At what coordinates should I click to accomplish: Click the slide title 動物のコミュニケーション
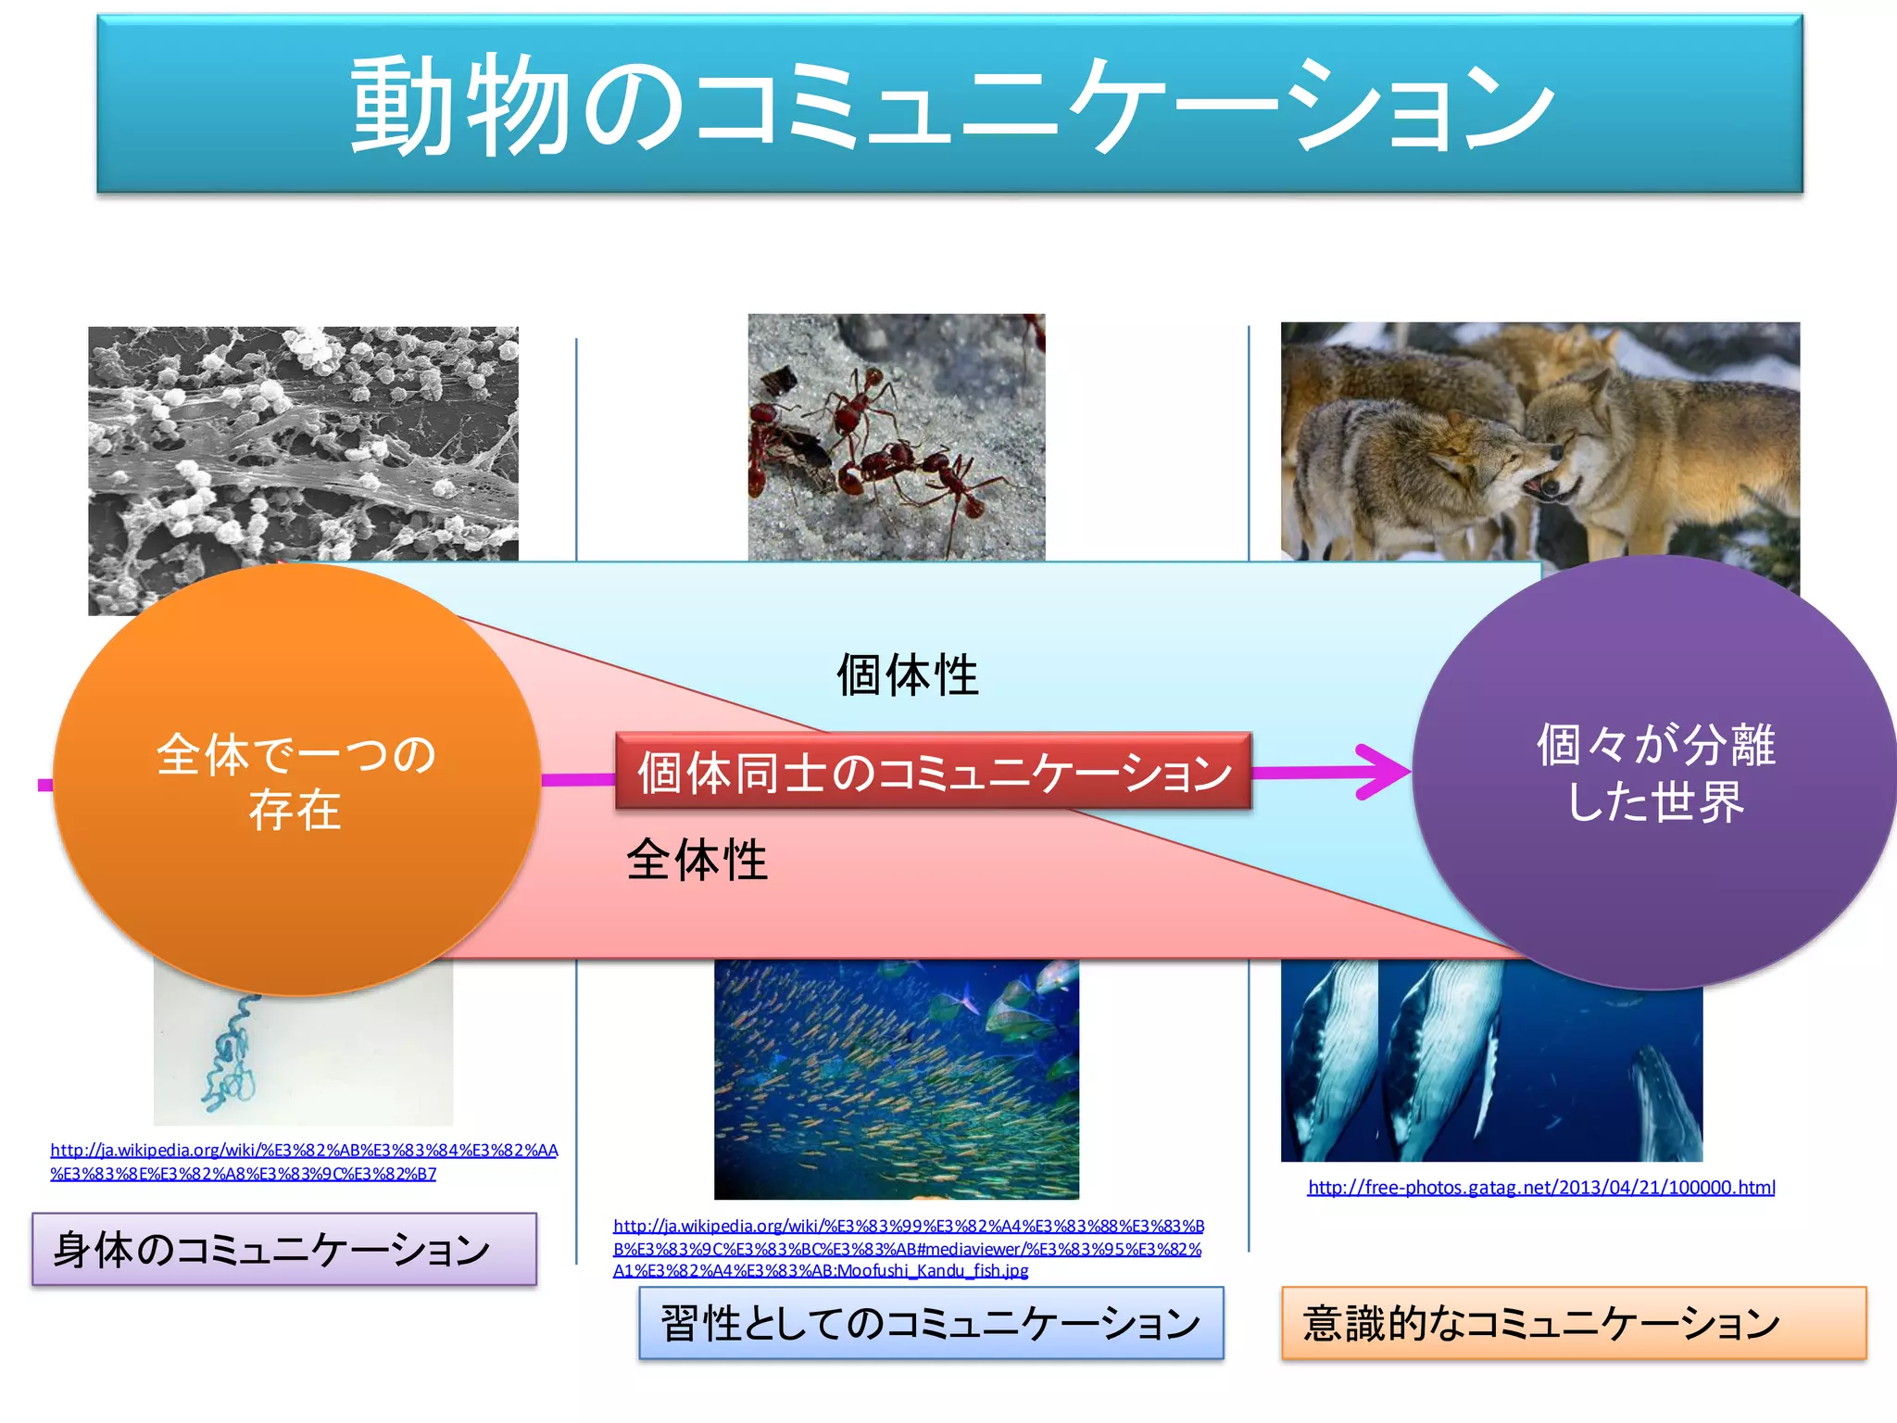949,104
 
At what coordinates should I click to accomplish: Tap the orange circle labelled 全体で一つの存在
296,781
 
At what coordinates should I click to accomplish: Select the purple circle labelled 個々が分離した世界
1655,773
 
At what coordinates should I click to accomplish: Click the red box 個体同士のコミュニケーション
934,772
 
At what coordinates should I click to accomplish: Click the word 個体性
907,674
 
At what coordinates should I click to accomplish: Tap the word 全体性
697,860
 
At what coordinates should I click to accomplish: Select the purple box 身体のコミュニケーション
283,1249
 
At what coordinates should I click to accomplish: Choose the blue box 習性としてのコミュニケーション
931,1323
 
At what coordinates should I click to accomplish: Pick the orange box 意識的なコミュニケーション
1573,1323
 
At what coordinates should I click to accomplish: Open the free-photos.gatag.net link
1541,1188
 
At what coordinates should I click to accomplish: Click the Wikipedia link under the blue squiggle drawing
304,1162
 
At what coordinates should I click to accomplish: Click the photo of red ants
896,436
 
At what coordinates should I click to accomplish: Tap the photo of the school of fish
896,1080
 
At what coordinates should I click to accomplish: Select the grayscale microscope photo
303,445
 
